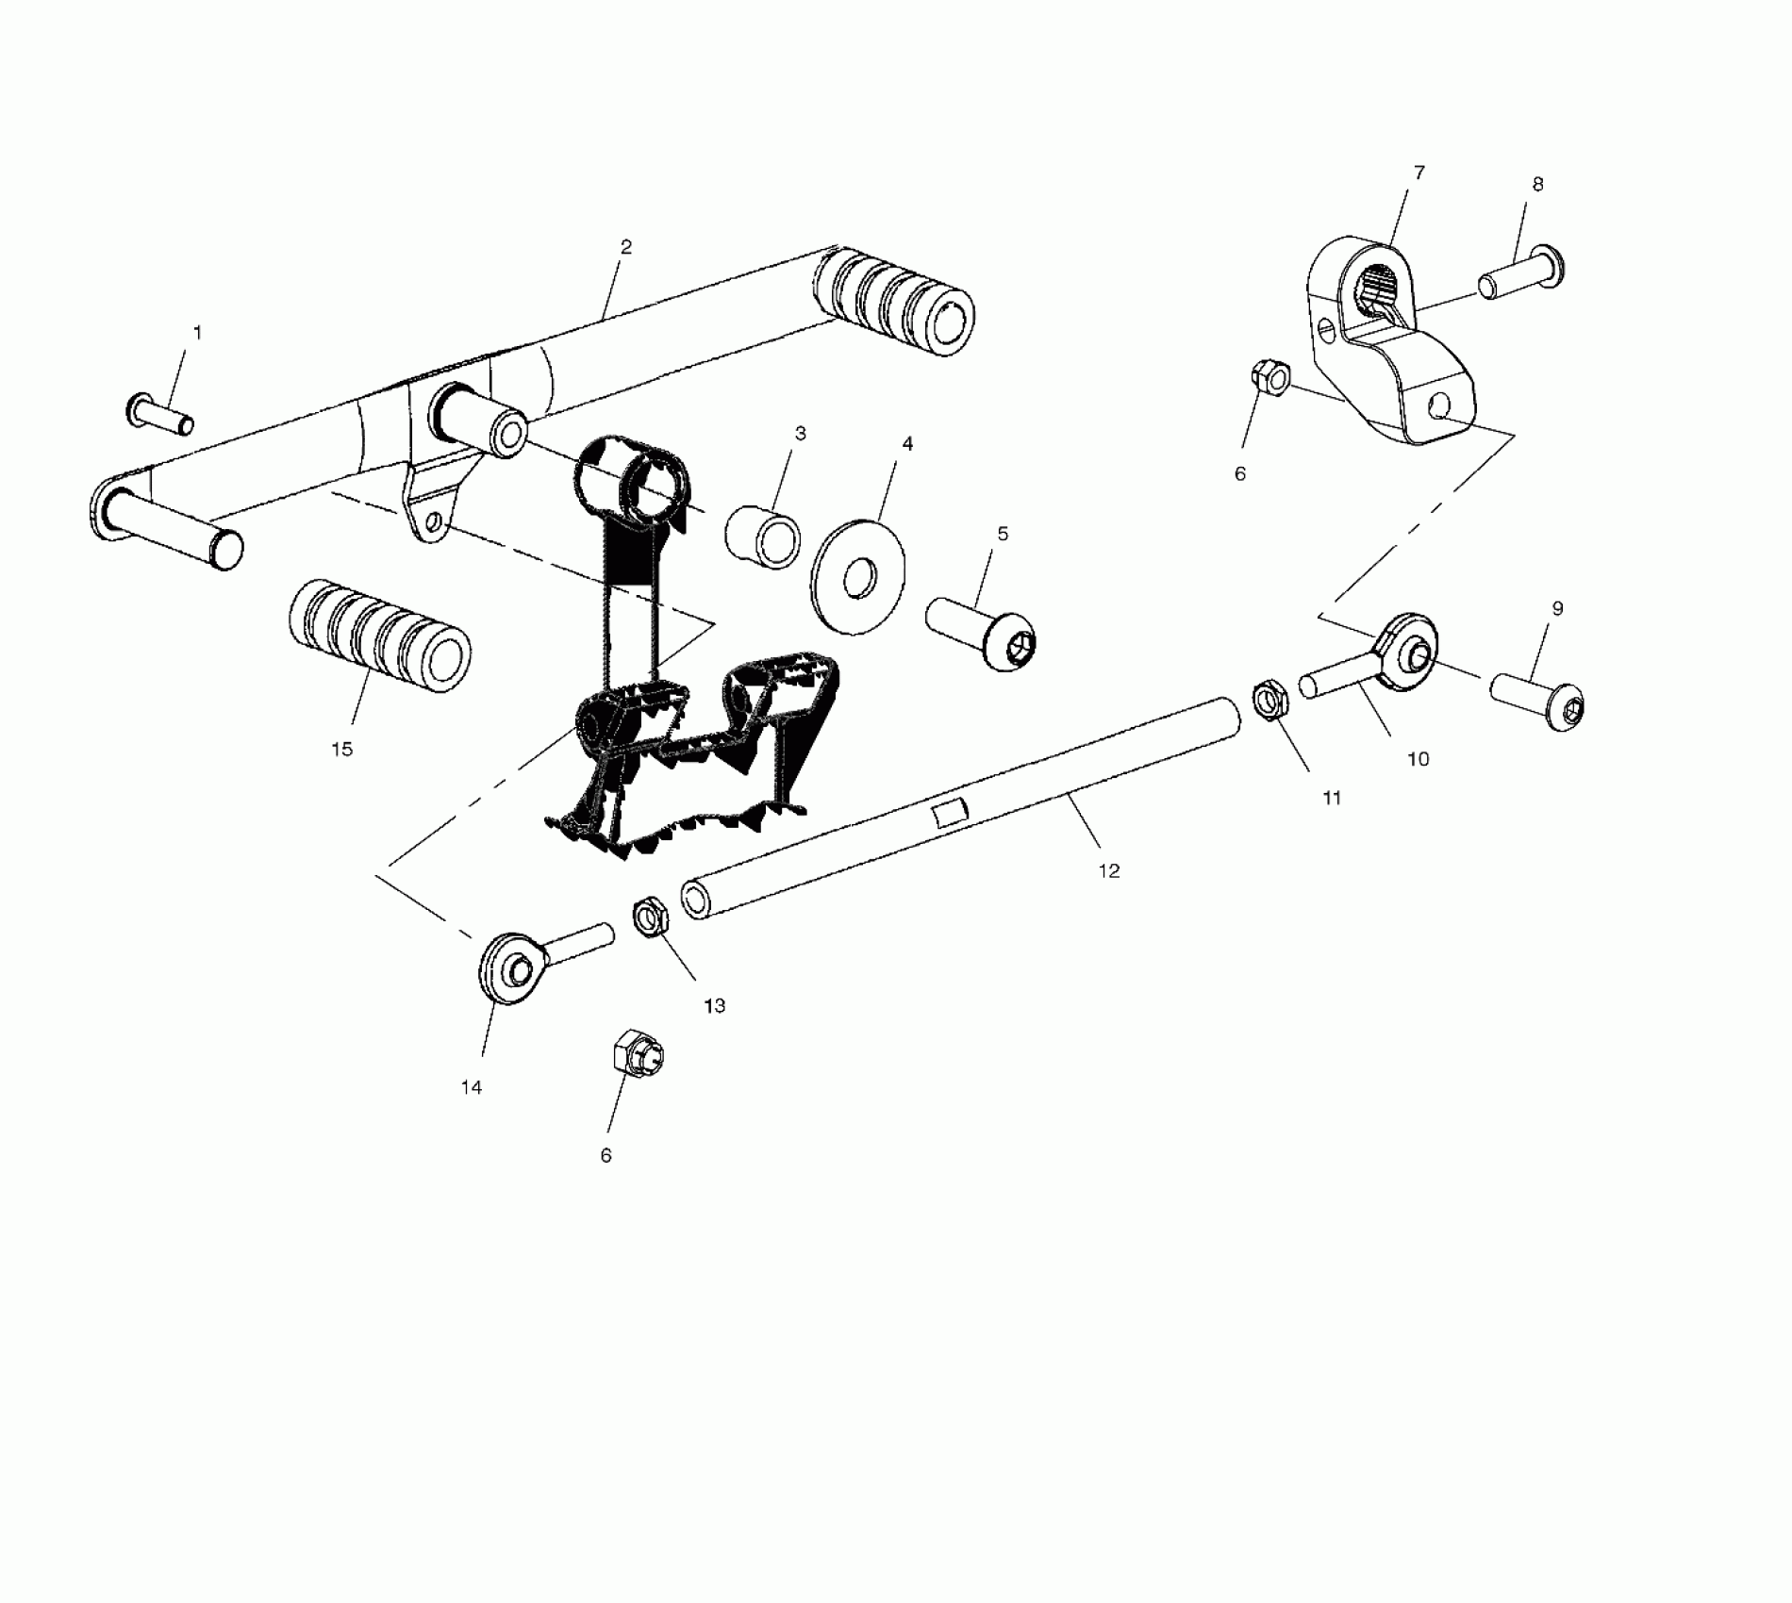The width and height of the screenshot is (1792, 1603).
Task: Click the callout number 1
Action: pos(197,333)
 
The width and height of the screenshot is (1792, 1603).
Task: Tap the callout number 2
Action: pos(626,247)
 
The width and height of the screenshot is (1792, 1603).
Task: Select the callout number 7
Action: pos(1419,173)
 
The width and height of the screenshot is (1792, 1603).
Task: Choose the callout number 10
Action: pos(1418,759)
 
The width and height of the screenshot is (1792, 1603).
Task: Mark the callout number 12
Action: pos(1109,871)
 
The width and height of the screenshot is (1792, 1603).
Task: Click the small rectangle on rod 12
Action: pos(952,813)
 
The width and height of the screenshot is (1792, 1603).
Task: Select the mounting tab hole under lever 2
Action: pos(433,521)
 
